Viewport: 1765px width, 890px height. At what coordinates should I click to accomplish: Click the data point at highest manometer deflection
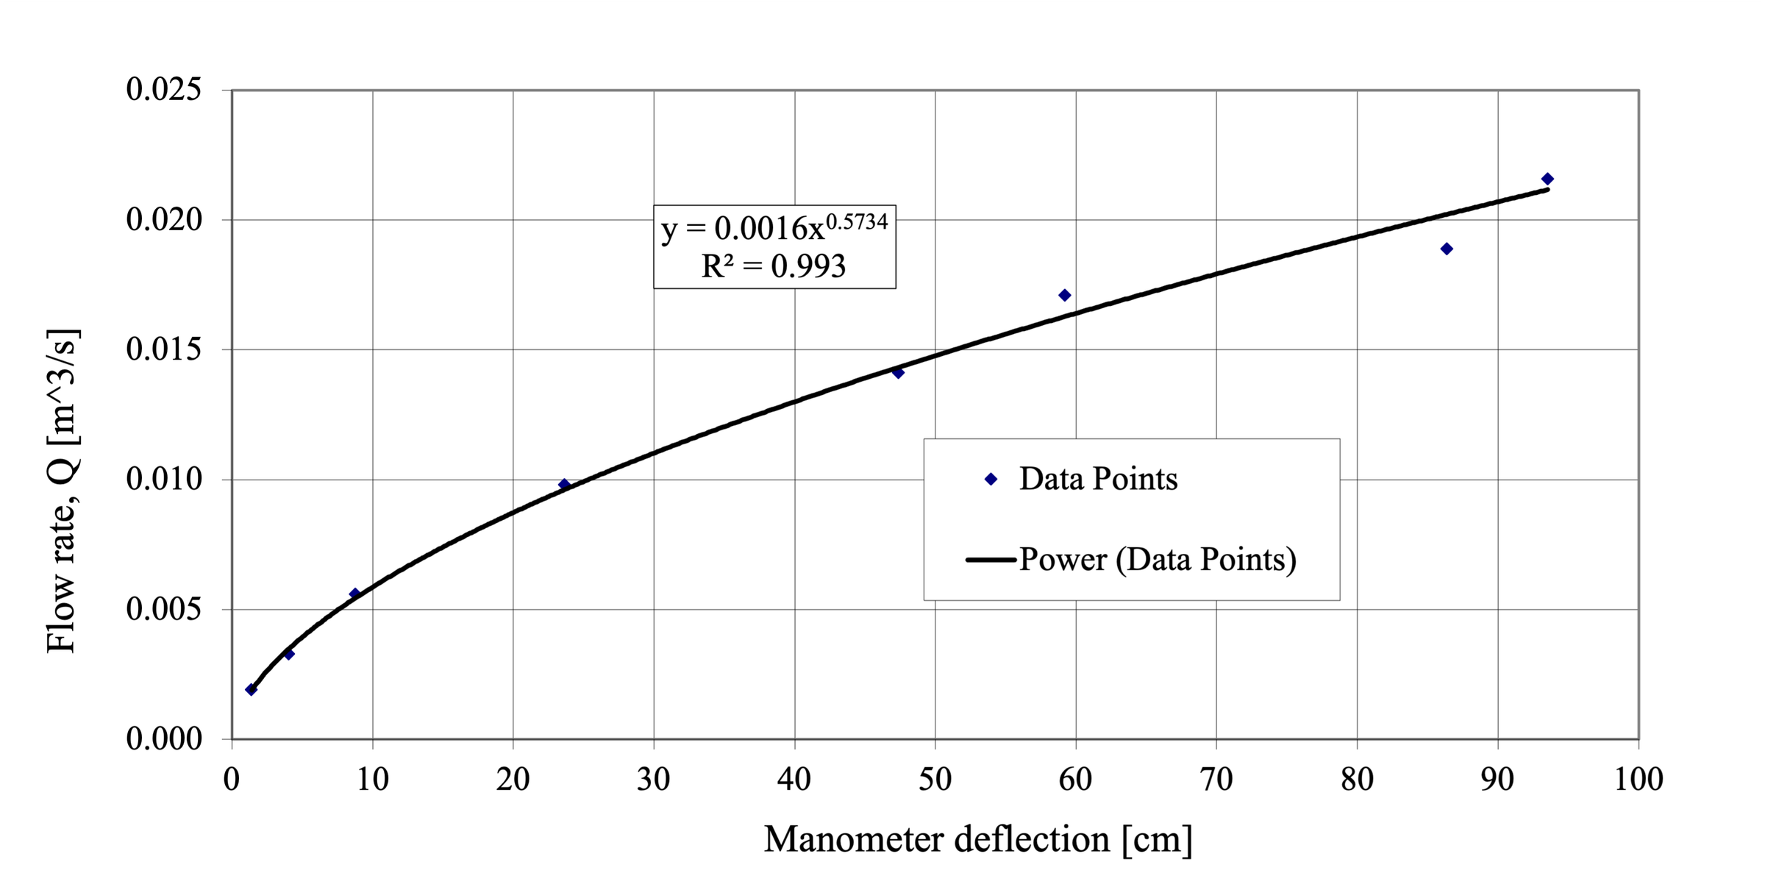tap(1547, 179)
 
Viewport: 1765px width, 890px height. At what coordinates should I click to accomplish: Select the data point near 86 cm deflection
tap(1446, 249)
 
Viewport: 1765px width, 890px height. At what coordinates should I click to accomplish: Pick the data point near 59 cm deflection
tap(1064, 295)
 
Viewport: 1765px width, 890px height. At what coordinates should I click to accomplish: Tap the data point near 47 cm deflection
tap(898, 372)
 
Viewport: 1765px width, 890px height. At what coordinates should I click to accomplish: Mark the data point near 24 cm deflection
tap(564, 484)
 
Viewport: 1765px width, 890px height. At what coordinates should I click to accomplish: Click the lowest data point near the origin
tap(251, 689)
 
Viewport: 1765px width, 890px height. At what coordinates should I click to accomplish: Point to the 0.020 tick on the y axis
tap(163, 219)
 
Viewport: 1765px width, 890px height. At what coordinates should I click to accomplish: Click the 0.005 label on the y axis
tap(163, 609)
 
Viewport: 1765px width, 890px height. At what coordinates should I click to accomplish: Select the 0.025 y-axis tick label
tap(163, 90)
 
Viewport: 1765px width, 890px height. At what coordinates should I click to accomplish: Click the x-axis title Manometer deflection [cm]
tap(977, 839)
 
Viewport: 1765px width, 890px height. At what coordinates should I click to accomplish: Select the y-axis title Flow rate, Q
tap(62, 491)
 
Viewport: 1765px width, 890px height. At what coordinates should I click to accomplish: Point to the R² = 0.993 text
tap(773, 266)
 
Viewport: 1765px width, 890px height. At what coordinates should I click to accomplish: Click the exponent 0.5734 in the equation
tap(857, 221)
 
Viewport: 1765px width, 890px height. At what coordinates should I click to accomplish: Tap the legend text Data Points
tap(1098, 479)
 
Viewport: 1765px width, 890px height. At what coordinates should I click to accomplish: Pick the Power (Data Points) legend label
tap(1157, 560)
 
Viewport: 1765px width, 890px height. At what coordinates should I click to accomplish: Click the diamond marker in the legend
tap(991, 479)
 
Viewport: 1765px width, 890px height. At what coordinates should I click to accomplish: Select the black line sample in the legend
tap(991, 560)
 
